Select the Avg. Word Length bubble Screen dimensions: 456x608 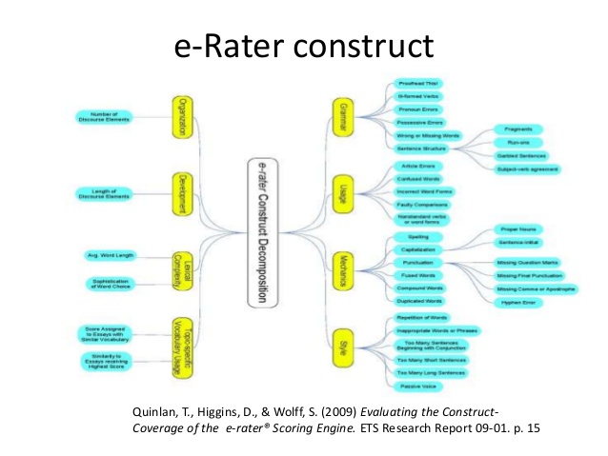click(x=110, y=255)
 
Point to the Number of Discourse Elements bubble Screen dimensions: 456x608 click(x=102, y=117)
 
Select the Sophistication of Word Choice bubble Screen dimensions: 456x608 click(x=110, y=284)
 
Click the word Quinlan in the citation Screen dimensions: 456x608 click(x=152, y=411)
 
